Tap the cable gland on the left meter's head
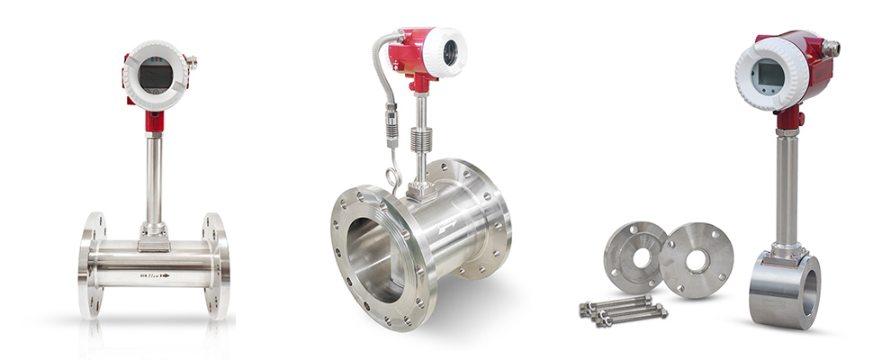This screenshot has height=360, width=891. (x=191, y=63)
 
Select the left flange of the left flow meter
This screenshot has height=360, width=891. (x=92, y=265)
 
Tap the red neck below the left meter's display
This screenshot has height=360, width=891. (x=155, y=120)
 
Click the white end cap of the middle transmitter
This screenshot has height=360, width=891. (x=447, y=52)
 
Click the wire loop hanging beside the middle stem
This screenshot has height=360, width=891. (x=393, y=174)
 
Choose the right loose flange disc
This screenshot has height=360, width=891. (x=696, y=260)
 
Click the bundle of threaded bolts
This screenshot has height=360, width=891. (x=621, y=310)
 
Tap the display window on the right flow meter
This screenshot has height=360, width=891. (x=767, y=76)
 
